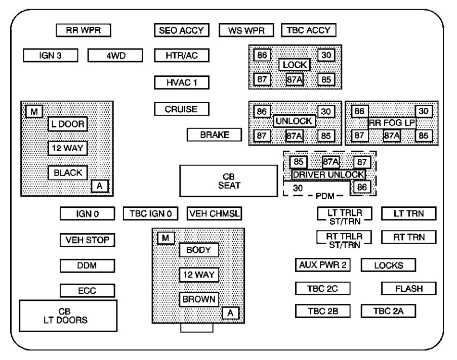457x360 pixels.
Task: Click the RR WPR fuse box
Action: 84,30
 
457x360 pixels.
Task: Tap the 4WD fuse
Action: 115,55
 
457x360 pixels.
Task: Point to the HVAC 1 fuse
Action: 181,82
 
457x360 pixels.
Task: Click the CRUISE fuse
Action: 181,109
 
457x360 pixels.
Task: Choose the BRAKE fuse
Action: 215,135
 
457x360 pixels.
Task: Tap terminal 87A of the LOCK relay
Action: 295,80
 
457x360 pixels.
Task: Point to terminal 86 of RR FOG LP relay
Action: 359,111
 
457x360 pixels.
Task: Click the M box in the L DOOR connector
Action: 34,111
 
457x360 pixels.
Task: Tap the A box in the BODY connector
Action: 230,313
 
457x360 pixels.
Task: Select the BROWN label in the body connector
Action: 199,299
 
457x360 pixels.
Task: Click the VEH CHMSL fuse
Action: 214,213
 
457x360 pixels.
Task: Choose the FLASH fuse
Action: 409,288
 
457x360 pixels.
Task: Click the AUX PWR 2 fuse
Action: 323,264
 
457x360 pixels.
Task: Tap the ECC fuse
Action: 87,291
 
